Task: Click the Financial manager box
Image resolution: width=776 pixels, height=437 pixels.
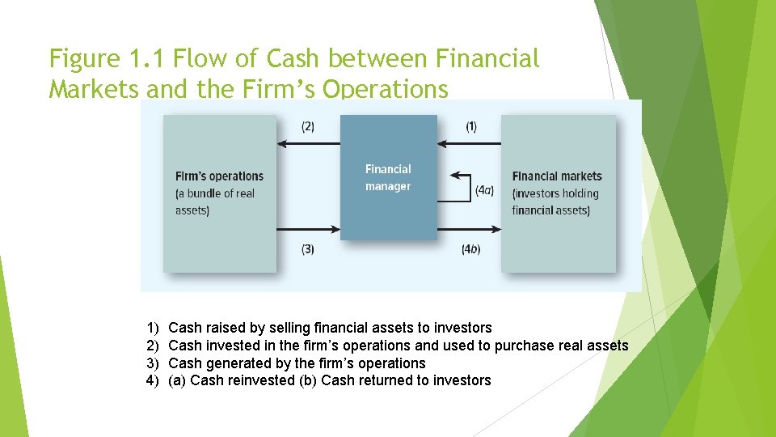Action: pyautogui.click(x=388, y=177)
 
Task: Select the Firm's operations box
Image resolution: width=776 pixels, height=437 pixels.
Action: pyautogui.click(x=219, y=193)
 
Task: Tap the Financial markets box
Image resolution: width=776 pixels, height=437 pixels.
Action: pyautogui.click(x=558, y=193)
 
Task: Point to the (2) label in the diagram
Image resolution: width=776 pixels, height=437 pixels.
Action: pyautogui.click(x=308, y=126)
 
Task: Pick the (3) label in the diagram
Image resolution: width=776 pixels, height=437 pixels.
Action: pyautogui.click(x=308, y=249)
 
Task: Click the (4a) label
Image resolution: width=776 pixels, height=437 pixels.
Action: pyautogui.click(x=484, y=190)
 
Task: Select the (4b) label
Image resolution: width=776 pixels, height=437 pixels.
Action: pyautogui.click(x=470, y=249)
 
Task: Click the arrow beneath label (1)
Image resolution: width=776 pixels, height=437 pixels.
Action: pyautogui.click(x=469, y=144)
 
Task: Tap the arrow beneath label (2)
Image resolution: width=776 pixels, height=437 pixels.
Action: pyautogui.click(x=308, y=144)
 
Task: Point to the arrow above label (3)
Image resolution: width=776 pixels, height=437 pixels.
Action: pyautogui.click(x=308, y=229)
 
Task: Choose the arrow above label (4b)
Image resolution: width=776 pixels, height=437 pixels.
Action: pyautogui.click(x=469, y=229)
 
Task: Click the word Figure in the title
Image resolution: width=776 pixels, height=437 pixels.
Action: pyautogui.click(x=84, y=59)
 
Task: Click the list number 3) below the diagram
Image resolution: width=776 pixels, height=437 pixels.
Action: pyautogui.click(x=153, y=363)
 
